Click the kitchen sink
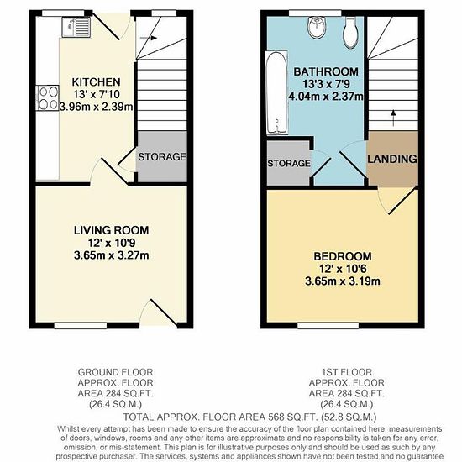(x=76, y=27)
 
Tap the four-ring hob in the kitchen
(x=47, y=98)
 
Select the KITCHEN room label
(x=97, y=82)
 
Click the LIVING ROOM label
(x=111, y=230)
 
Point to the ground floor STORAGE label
(x=162, y=157)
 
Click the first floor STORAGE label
(x=289, y=163)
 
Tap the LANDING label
(x=392, y=159)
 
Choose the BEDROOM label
(x=343, y=256)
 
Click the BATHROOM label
(x=326, y=71)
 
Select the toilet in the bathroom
(x=350, y=33)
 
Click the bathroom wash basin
(x=317, y=28)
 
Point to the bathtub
(x=276, y=92)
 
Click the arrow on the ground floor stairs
(x=148, y=38)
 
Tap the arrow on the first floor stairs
(x=393, y=118)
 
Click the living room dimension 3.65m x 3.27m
(x=112, y=255)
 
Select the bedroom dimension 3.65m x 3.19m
(x=343, y=281)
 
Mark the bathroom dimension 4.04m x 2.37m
(x=326, y=97)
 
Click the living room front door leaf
(x=164, y=313)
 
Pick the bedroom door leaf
(x=403, y=201)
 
